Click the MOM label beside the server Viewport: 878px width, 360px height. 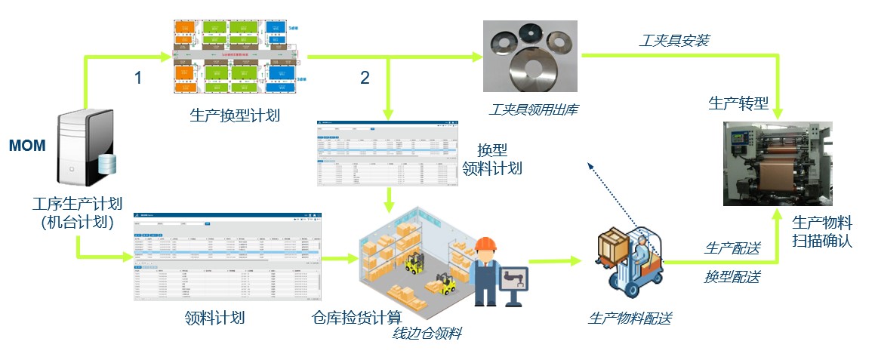[27, 146]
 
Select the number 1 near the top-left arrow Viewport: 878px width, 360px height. [137, 77]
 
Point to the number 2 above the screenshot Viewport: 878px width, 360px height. [365, 77]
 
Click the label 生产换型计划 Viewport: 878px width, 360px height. [235, 116]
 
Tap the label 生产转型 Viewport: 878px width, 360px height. [738, 103]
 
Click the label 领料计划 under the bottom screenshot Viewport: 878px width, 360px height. [214, 318]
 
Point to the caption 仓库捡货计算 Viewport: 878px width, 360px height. [356, 316]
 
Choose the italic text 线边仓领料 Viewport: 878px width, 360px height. [427, 333]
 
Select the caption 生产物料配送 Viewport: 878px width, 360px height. [630, 318]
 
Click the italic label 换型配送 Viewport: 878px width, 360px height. [732, 277]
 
